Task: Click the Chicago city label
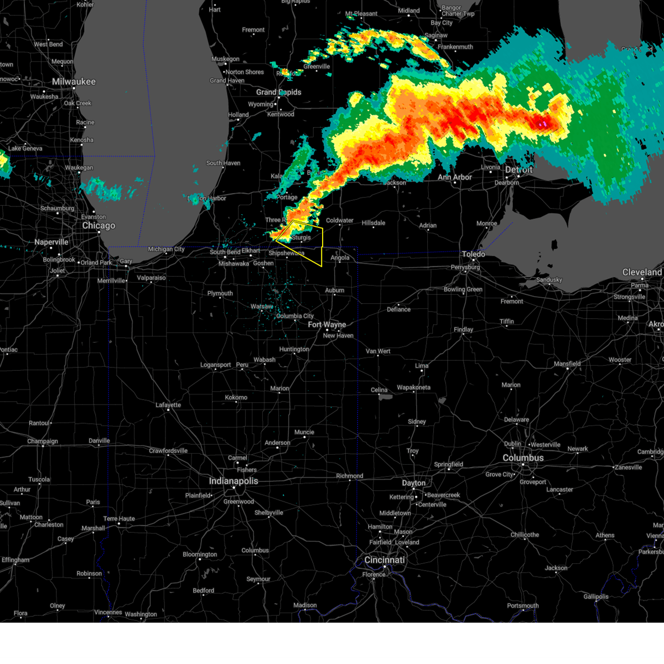98,226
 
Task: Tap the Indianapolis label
233,481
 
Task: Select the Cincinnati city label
384,560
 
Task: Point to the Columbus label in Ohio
523,458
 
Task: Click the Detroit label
518,170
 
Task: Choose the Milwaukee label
74,82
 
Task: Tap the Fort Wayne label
326,325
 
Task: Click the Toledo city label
473,254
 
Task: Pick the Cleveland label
642,272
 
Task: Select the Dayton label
413,483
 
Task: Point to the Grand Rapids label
278,92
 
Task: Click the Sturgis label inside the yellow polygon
301,237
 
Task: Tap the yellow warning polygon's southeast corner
321,266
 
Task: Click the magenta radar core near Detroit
544,123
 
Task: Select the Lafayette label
168,405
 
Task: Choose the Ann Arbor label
455,178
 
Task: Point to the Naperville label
51,242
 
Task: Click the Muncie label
304,432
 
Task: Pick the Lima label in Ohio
422,366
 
